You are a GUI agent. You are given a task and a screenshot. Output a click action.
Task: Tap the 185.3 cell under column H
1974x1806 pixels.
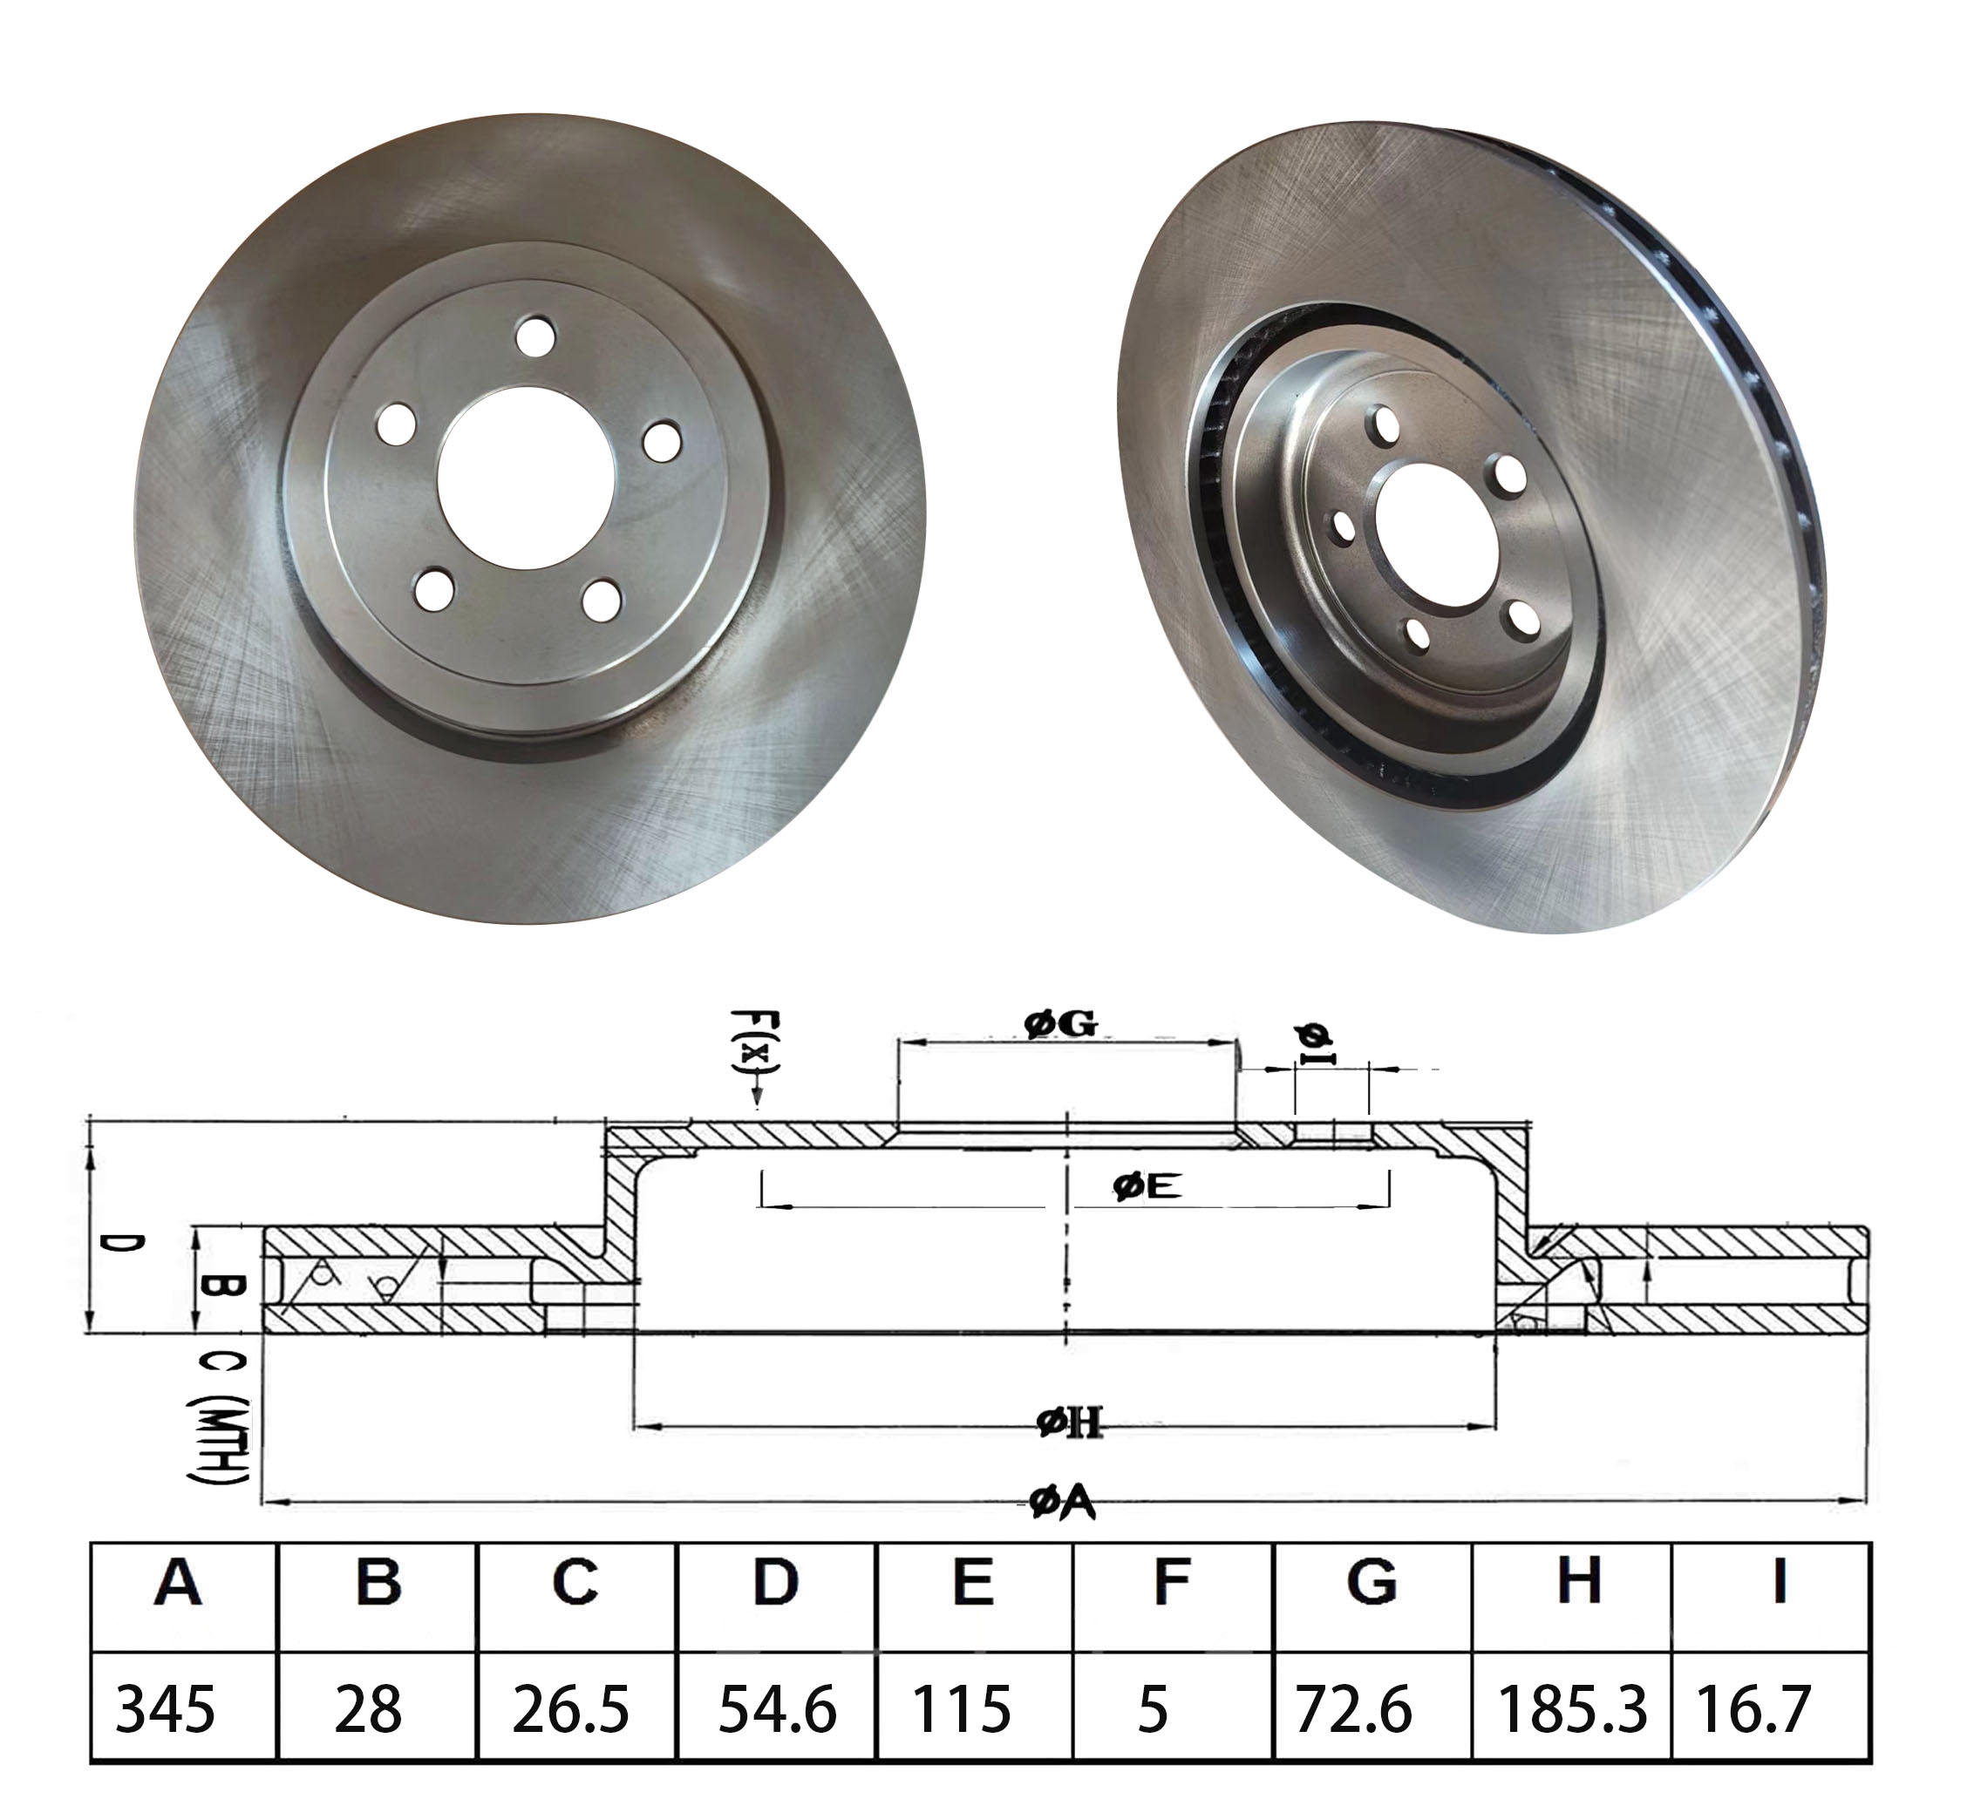click(x=1571, y=1709)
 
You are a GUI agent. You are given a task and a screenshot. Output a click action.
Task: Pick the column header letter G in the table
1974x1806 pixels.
click(x=1371, y=1582)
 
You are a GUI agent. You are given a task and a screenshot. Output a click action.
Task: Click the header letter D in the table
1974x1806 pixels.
click(x=775, y=1582)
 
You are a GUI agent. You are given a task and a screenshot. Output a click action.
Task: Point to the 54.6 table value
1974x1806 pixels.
click(x=778, y=1709)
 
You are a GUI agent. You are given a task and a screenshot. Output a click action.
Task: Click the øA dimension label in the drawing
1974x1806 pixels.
click(x=1062, y=1503)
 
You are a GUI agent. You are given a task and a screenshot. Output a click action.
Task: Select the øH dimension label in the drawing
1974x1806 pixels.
click(x=1070, y=1422)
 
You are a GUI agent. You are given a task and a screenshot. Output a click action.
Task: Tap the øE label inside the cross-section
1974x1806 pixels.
click(x=1147, y=1187)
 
